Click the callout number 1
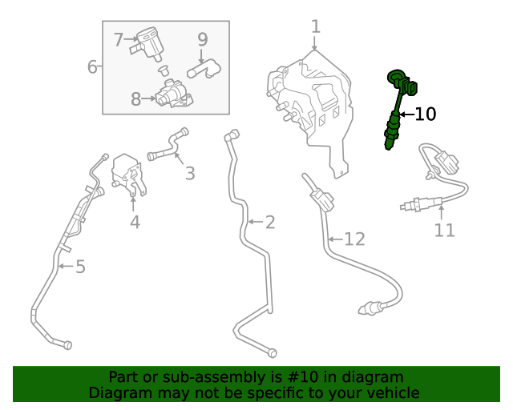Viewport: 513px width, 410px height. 316,26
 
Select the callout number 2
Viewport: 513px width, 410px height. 270,223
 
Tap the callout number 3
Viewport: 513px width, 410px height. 190,173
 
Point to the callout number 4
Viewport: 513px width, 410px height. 135,223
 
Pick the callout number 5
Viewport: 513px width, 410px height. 80,267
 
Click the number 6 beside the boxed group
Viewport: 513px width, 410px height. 92,66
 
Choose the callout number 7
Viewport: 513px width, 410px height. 118,39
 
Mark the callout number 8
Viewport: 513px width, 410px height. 135,98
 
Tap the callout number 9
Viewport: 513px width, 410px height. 203,39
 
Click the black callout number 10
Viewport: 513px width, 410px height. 426,114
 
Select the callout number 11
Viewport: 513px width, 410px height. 444,230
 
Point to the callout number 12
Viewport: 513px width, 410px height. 354,239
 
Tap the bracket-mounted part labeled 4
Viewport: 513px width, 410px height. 127,175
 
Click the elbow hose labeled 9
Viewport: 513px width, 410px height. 204,69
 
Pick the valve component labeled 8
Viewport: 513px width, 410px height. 173,94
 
